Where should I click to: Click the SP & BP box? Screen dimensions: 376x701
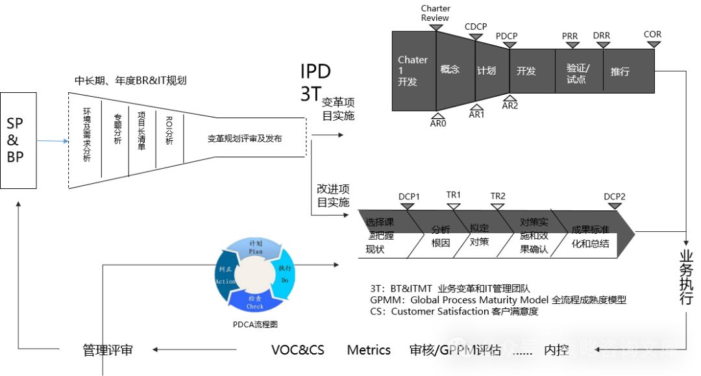(x=19, y=140)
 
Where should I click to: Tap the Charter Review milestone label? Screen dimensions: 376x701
(x=435, y=13)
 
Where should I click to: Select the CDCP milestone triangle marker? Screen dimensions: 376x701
(x=475, y=37)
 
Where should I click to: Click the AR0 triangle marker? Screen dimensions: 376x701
(x=438, y=112)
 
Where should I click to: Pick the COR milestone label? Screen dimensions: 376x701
(x=652, y=34)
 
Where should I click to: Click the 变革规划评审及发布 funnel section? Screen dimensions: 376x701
(x=245, y=138)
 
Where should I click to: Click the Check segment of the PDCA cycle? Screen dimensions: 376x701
(x=254, y=301)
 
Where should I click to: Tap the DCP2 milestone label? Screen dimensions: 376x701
(x=614, y=196)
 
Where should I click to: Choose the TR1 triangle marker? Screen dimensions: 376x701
(x=454, y=207)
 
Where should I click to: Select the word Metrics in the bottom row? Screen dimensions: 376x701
(x=369, y=350)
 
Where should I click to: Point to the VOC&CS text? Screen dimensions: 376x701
(x=297, y=350)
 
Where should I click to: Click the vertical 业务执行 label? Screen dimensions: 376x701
(x=687, y=279)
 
